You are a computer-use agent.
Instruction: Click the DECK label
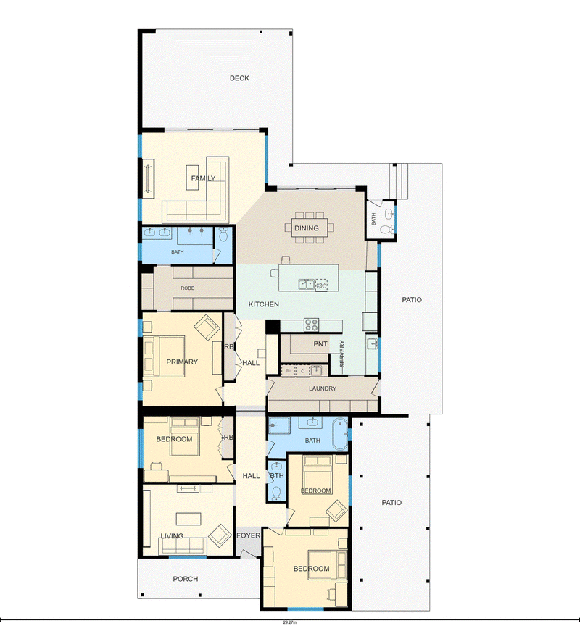[x=239, y=78]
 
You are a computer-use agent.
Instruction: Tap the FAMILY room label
[x=203, y=178]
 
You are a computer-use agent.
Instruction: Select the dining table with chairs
[x=309, y=228]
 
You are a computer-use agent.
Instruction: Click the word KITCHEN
[x=264, y=304]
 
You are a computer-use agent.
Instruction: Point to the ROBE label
[x=187, y=288]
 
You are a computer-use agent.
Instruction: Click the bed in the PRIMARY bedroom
[x=164, y=356]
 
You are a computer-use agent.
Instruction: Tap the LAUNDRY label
[x=323, y=388]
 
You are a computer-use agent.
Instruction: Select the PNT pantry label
[x=320, y=343]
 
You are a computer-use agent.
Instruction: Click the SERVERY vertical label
[x=342, y=354]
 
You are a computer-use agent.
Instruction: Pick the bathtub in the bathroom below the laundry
[x=340, y=434]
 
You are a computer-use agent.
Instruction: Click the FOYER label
[x=248, y=535]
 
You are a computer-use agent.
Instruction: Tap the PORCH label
[x=186, y=579]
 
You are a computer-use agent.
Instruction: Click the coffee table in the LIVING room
[x=188, y=519]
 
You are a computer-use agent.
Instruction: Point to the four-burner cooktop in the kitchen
[x=312, y=325]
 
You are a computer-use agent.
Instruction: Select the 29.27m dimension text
[x=290, y=622]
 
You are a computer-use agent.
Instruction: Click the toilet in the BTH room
[x=276, y=494]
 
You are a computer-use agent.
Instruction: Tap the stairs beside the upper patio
[x=399, y=181]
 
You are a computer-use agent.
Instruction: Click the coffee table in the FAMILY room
[x=192, y=178]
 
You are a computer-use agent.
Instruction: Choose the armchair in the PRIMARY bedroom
[x=207, y=327]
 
